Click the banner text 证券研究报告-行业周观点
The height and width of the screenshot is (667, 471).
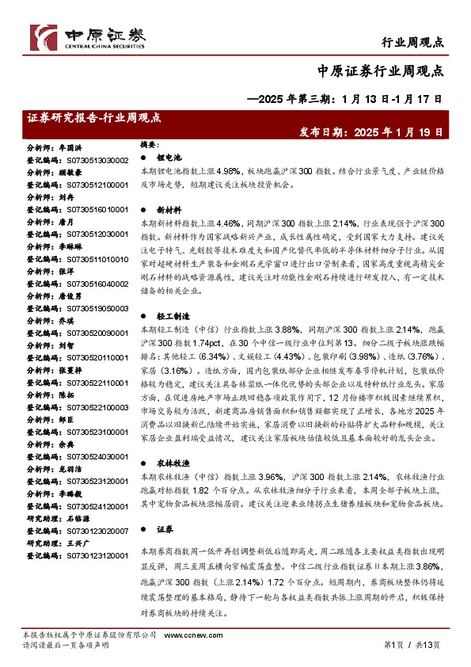pyautogui.click(x=94, y=117)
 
